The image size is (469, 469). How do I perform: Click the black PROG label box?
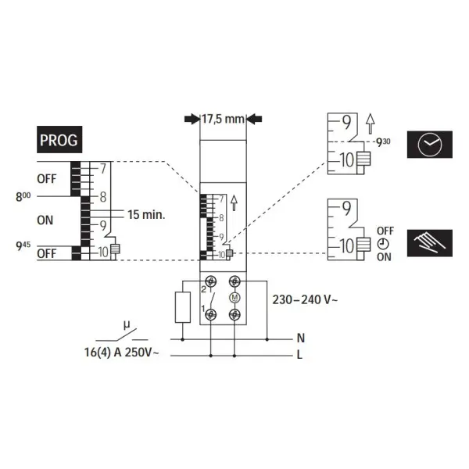pos(59,139)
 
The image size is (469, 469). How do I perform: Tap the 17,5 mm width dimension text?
pos(223,119)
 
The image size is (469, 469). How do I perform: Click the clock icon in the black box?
pos(429,145)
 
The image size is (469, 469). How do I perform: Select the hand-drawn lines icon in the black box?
pos(429,243)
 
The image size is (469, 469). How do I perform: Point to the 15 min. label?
pos(147,214)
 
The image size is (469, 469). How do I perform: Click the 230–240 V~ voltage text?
pos(305,299)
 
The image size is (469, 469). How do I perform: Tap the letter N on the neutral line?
pos(301,338)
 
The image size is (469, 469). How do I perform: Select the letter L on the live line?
pos(299,355)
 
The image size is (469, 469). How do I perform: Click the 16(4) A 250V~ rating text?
pos(121,353)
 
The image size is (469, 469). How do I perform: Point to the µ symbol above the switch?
pos(127,325)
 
